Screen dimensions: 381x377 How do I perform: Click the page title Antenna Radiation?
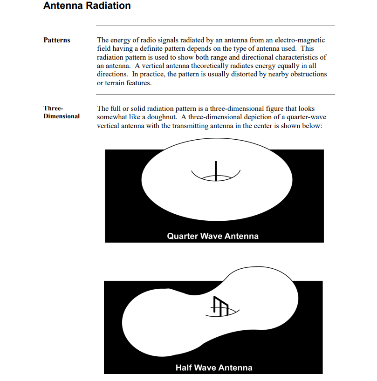click(x=87, y=6)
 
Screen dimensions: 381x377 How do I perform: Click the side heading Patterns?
click(x=57, y=40)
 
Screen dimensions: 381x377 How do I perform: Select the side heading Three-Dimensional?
click(x=62, y=112)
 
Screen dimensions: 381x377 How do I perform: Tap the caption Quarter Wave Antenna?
click(x=212, y=236)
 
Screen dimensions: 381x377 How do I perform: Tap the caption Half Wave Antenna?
click(x=214, y=368)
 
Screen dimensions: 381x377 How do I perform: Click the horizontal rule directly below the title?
click(x=215, y=26)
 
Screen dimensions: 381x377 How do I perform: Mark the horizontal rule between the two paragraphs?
click(x=215, y=95)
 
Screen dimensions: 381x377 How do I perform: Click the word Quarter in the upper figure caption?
click(x=182, y=236)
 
